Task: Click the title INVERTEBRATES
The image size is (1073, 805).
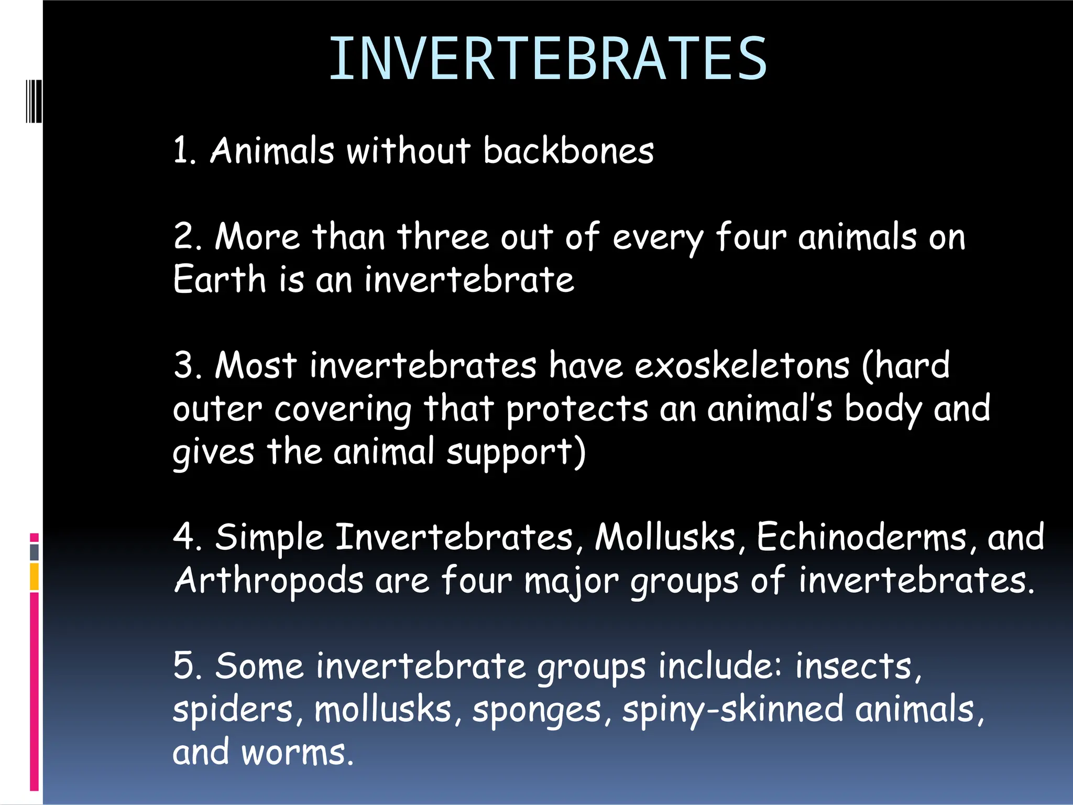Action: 548,59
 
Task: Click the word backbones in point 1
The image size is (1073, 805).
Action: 568,151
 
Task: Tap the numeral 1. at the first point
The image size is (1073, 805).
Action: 184,151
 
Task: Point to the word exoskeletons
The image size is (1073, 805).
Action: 741,365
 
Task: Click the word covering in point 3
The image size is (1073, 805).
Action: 343,410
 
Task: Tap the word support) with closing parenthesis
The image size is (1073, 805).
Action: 516,452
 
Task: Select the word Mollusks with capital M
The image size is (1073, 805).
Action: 665,537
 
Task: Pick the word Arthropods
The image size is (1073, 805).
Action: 268,581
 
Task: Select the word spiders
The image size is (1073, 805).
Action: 233,710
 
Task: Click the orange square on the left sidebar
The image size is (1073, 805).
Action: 34,576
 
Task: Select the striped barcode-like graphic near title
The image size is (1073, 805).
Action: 34,101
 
